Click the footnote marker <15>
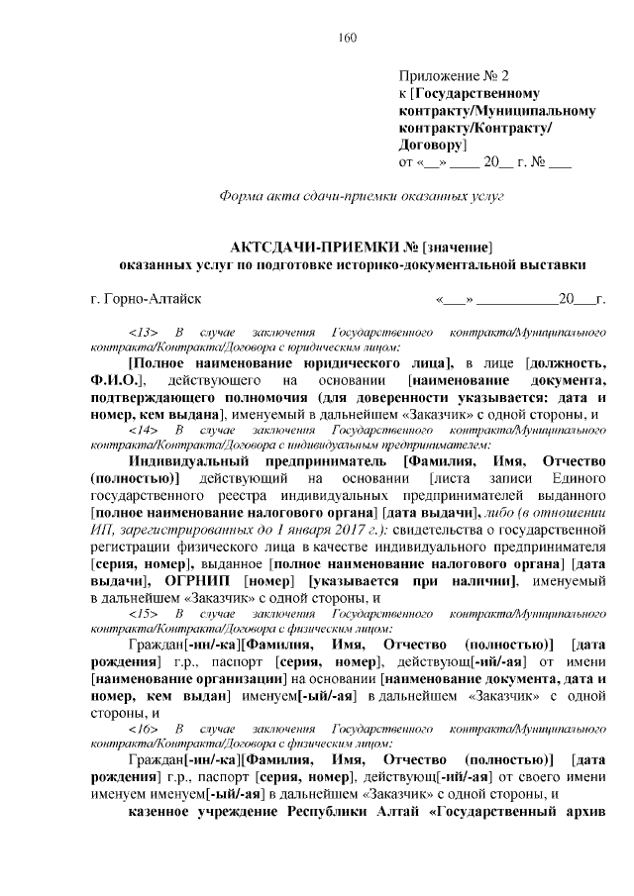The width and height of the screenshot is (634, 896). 144,613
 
